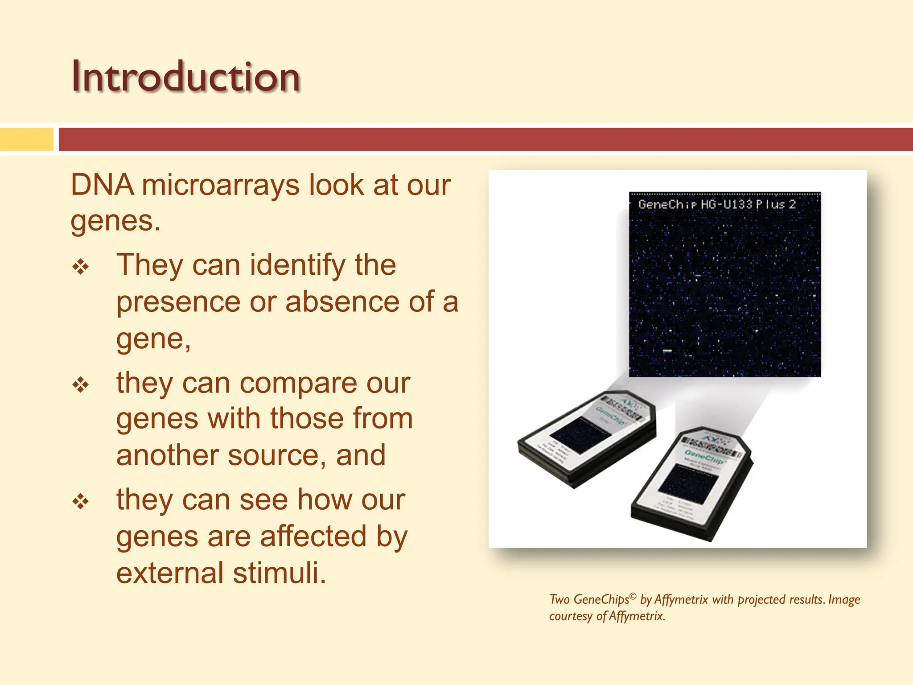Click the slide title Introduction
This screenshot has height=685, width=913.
pyautogui.click(x=185, y=77)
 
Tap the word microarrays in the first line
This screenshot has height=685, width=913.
pyautogui.click(x=221, y=185)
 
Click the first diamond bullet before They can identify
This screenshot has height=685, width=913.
pyautogui.click(x=81, y=267)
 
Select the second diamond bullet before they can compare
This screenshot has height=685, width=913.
pyautogui.click(x=81, y=385)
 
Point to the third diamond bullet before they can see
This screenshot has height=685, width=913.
pyautogui.click(x=81, y=502)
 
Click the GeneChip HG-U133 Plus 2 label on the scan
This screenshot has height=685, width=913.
pyautogui.click(x=717, y=205)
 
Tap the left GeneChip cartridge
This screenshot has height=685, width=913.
pyautogui.click(x=586, y=439)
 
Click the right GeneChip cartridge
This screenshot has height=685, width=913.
pyautogui.click(x=691, y=484)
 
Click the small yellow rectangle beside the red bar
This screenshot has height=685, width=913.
pyautogui.click(x=27, y=140)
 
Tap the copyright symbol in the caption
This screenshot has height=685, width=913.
pyautogui.click(x=633, y=596)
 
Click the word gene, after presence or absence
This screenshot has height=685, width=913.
pyautogui.click(x=153, y=339)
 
